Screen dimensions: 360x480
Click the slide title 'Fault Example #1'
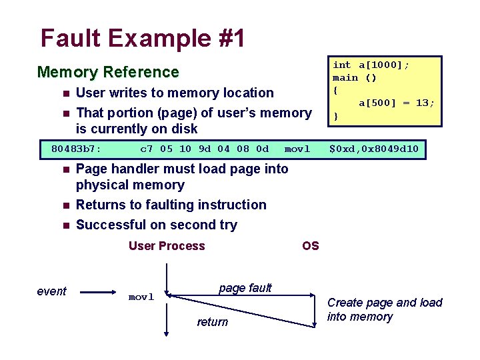(x=142, y=38)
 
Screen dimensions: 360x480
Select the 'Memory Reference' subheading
(x=108, y=72)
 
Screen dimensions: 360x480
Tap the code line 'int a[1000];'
(x=371, y=65)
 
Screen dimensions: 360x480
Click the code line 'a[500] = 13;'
(x=397, y=103)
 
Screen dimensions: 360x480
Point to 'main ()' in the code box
(x=355, y=77)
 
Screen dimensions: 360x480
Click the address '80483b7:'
(x=76, y=149)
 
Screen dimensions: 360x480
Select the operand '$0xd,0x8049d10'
(x=374, y=149)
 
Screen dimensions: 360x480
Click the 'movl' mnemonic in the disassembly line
(x=297, y=149)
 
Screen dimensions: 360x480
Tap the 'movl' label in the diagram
(x=141, y=297)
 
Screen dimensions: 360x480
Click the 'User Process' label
(x=167, y=246)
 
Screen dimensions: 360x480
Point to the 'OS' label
(x=311, y=246)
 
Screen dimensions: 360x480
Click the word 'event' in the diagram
(x=52, y=291)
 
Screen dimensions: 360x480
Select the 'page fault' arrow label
(x=245, y=288)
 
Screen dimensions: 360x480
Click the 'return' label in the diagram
(x=212, y=322)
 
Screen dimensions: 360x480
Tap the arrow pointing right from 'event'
(x=98, y=291)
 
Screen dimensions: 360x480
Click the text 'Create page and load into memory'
(x=384, y=309)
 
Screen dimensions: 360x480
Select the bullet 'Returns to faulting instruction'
(x=171, y=205)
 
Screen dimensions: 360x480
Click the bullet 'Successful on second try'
(x=156, y=225)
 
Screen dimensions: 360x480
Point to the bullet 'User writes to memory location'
(x=175, y=93)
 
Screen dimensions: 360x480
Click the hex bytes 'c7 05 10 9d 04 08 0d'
(x=204, y=149)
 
